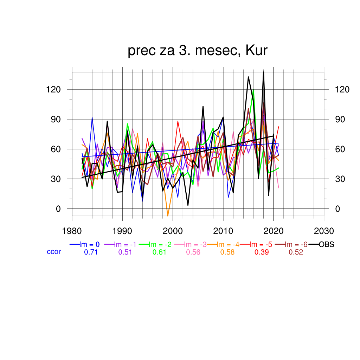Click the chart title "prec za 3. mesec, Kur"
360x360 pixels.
(198, 51)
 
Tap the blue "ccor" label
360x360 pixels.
(54, 252)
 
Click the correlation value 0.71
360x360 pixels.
(91, 252)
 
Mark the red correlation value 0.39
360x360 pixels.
(262, 252)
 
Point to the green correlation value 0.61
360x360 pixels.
(159, 252)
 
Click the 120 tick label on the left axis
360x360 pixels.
(53, 90)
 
